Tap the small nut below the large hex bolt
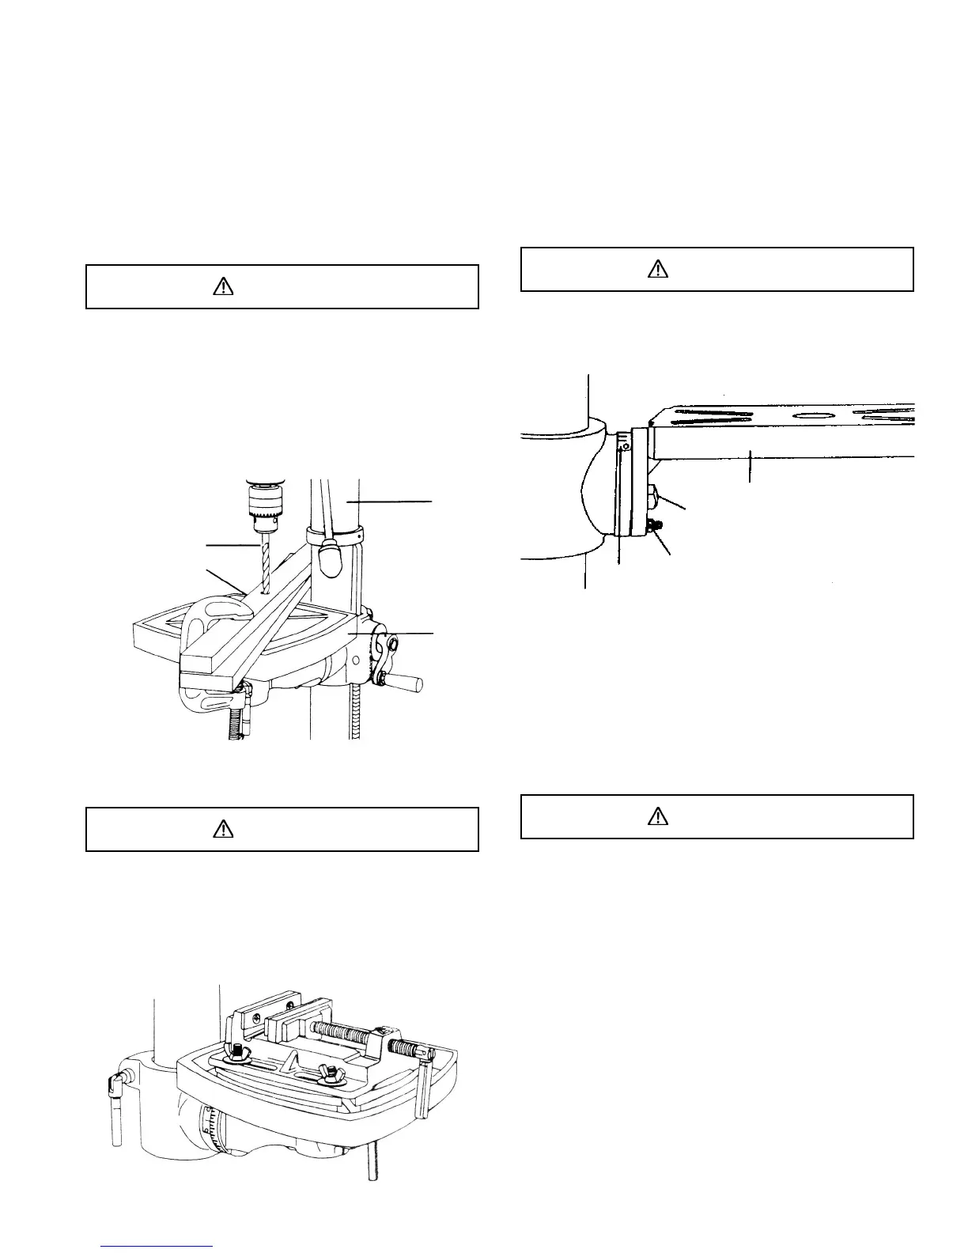click(653, 526)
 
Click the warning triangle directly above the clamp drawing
click(224, 286)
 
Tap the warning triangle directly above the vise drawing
click(224, 829)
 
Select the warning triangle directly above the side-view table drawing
click(658, 269)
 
